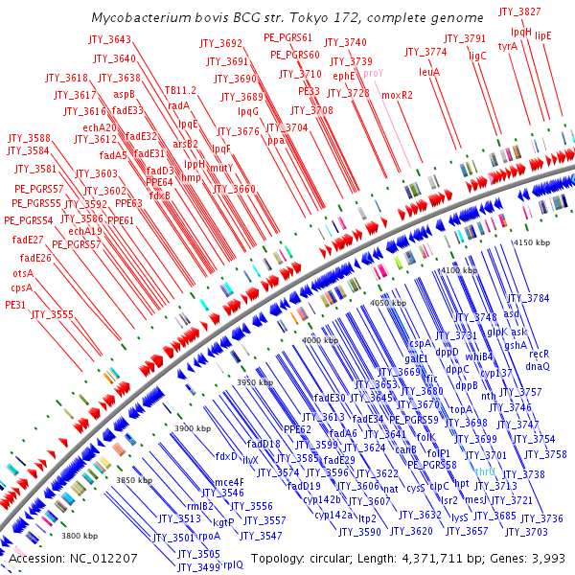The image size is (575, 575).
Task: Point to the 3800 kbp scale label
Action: click(x=80, y=536)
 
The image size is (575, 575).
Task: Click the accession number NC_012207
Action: click(x=106, y=558)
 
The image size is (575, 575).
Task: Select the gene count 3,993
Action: click(x=546, y=558)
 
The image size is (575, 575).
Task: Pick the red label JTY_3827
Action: click(x=519, y=11)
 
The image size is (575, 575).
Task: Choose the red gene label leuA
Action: click(x=428, y=72)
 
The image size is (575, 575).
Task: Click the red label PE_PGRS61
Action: click(x=288, y=37)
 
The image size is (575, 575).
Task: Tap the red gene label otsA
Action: click(x=24, y=273)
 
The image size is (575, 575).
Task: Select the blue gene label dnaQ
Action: click(x=538, y=366)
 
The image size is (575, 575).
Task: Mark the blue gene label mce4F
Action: click(x=228, y=482)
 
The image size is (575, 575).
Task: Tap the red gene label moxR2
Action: click(x=397, y=96)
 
